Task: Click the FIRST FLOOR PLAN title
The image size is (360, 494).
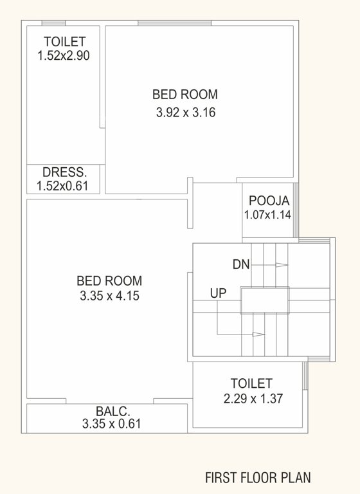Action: click(258, 478)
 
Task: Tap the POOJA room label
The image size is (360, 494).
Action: click(267, 199)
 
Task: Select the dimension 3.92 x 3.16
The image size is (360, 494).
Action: click(185, 113)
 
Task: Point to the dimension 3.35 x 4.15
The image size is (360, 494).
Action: click(109, 297)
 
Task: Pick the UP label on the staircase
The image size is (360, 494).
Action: click(218, 293)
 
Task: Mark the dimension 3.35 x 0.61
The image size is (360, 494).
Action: click(112, 424)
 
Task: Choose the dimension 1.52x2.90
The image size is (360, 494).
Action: click(63, 55)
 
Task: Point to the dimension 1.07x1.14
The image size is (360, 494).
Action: click(267, 215)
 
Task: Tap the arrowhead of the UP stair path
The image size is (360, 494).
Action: click(258, 334)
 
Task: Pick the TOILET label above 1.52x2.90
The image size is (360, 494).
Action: click(64, 42)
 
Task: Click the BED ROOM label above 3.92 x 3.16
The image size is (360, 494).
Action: click(185, 95)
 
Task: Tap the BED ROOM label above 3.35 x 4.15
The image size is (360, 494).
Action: click(109, 281)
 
